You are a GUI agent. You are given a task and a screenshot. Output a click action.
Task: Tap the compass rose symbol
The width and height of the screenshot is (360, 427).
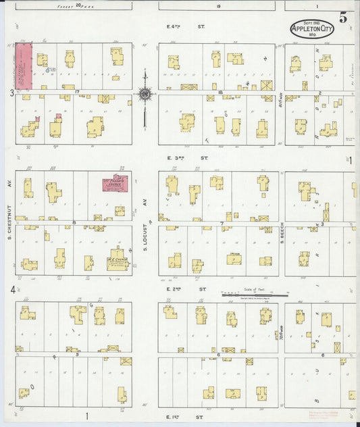pos(145,94)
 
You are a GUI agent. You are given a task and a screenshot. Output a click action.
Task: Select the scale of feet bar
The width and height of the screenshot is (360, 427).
pos(255,295)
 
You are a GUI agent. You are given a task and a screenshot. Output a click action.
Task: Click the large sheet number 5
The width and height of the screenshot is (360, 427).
pos(344,18)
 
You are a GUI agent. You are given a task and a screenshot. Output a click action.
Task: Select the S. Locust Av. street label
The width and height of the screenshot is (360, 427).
pos(145,216)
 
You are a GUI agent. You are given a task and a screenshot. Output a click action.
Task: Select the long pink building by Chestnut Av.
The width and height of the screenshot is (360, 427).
pos(24,66)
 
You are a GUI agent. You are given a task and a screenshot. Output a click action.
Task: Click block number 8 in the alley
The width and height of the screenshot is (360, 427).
pos(75,222)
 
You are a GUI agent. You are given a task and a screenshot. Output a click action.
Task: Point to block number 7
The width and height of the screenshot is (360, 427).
pos(221,223)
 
